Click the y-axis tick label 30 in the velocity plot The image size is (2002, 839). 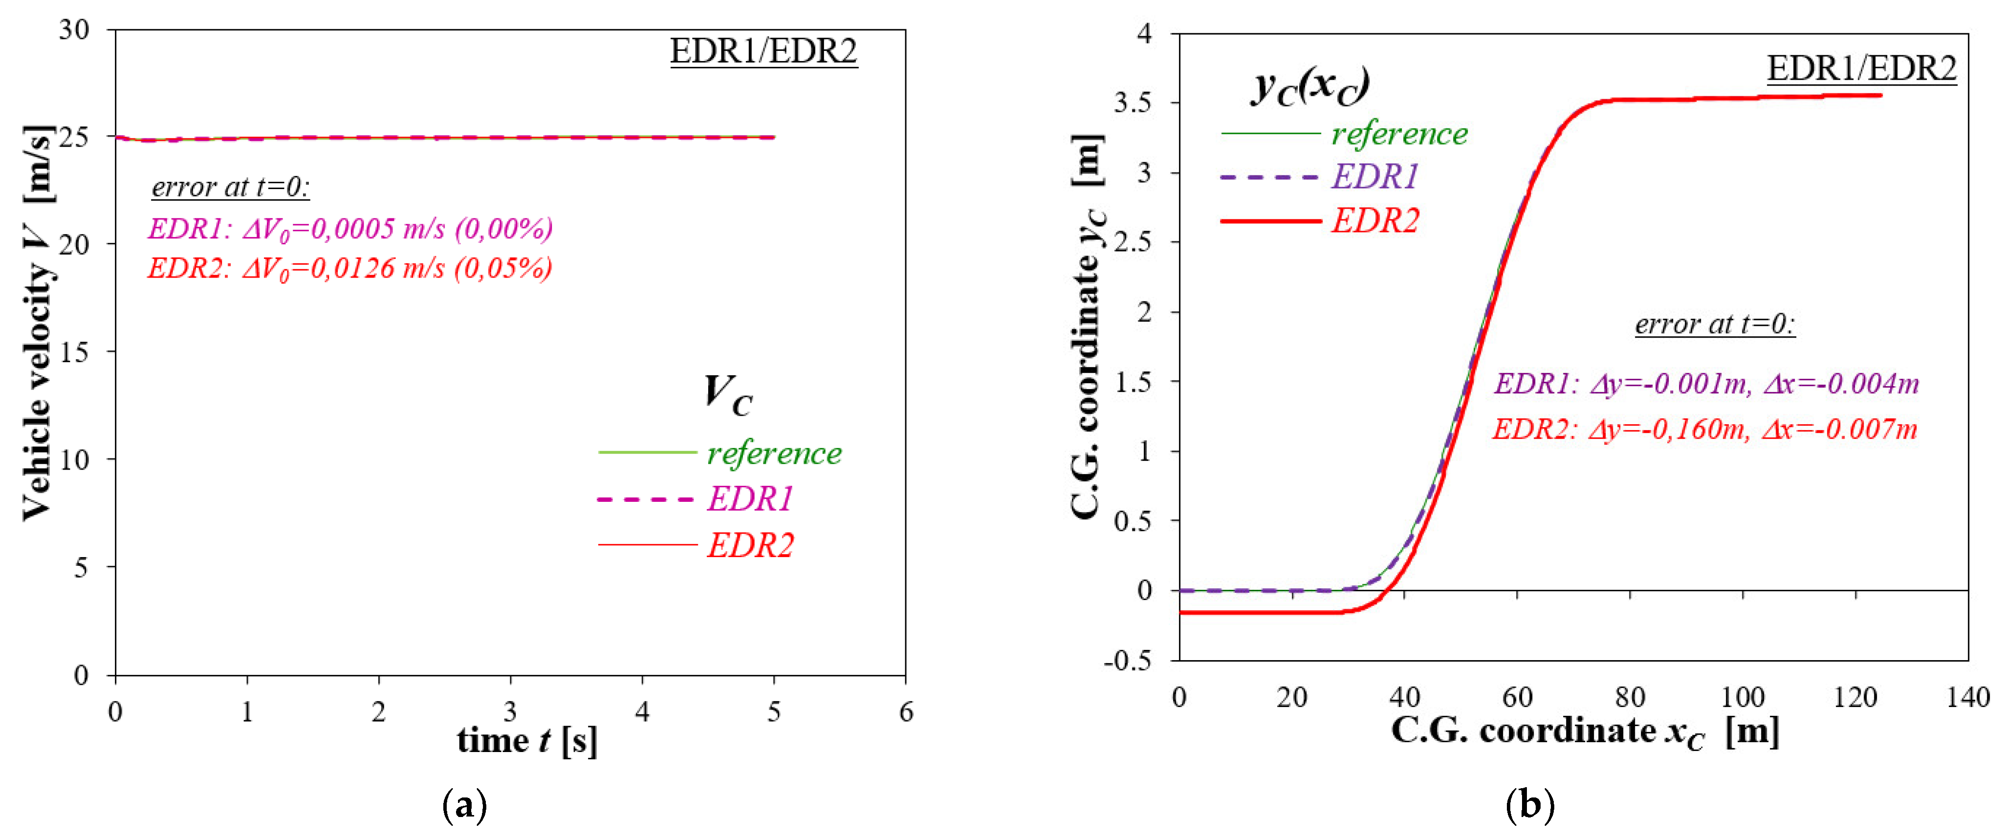75,30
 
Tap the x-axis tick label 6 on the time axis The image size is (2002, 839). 905,711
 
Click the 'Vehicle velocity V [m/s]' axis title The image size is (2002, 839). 37,323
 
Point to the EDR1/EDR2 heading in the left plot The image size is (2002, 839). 763,51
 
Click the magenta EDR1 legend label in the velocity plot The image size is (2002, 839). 750,499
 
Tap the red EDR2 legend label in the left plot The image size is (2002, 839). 750,545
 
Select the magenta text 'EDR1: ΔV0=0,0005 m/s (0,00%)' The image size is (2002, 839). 350,228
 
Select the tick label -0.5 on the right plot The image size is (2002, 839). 1128,660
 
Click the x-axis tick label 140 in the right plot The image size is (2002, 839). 1967,697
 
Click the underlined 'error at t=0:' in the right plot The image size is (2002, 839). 1715,324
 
